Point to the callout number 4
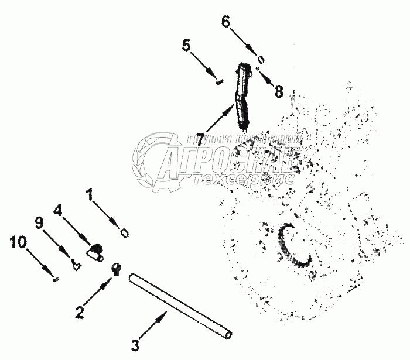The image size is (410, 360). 58,210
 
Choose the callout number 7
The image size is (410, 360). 200,140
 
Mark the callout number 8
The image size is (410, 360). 278,92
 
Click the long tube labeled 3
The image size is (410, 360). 182,304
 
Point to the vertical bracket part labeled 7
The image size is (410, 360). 243,96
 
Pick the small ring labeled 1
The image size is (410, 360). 124,233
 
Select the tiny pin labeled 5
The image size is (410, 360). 217,82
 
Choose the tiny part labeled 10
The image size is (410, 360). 54,279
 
